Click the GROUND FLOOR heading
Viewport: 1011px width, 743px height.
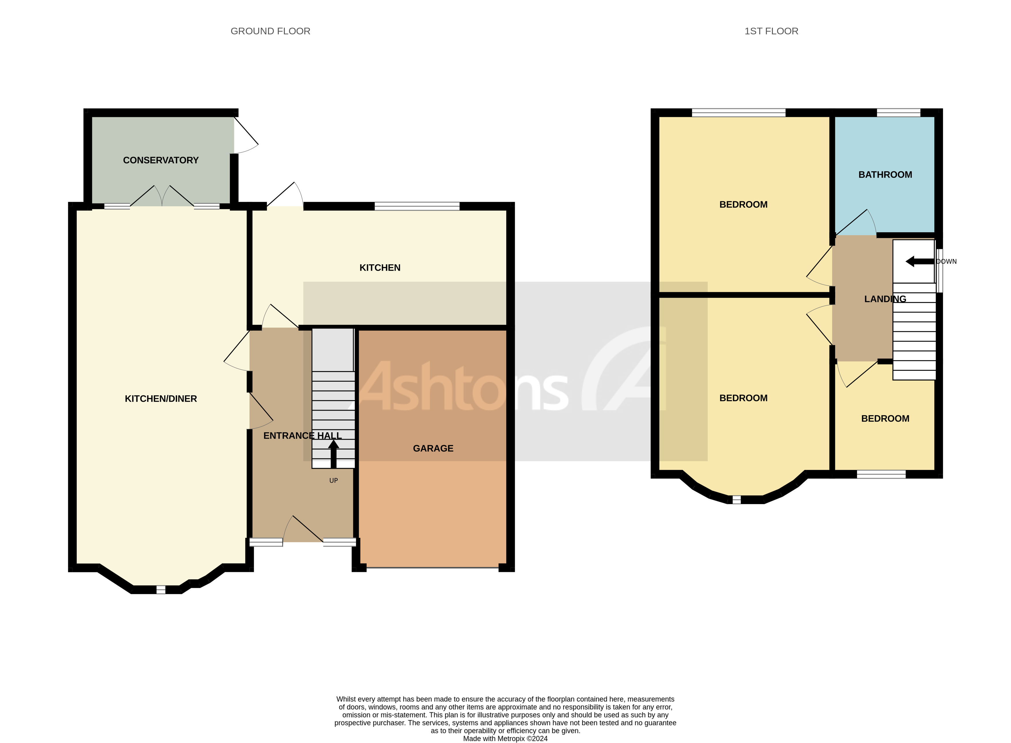[x=270, y=31]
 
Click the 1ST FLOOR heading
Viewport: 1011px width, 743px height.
[x=771, y=31]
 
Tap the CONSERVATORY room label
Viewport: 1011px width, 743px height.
[x=161, y=160]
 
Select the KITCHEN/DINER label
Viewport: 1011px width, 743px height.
[x=161, y=398]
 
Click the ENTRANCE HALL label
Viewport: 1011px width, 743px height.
[x=302, y=435]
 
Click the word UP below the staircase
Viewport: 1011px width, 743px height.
[x=334, y=480]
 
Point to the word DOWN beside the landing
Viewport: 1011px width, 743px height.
[x=946, y=261]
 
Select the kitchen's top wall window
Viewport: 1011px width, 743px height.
[x=417, y=206]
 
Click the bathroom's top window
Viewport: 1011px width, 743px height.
[x=898, y=113]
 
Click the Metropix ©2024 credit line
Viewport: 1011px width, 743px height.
[x=505, y=738]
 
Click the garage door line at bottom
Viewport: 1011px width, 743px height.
[x=432, y=568]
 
